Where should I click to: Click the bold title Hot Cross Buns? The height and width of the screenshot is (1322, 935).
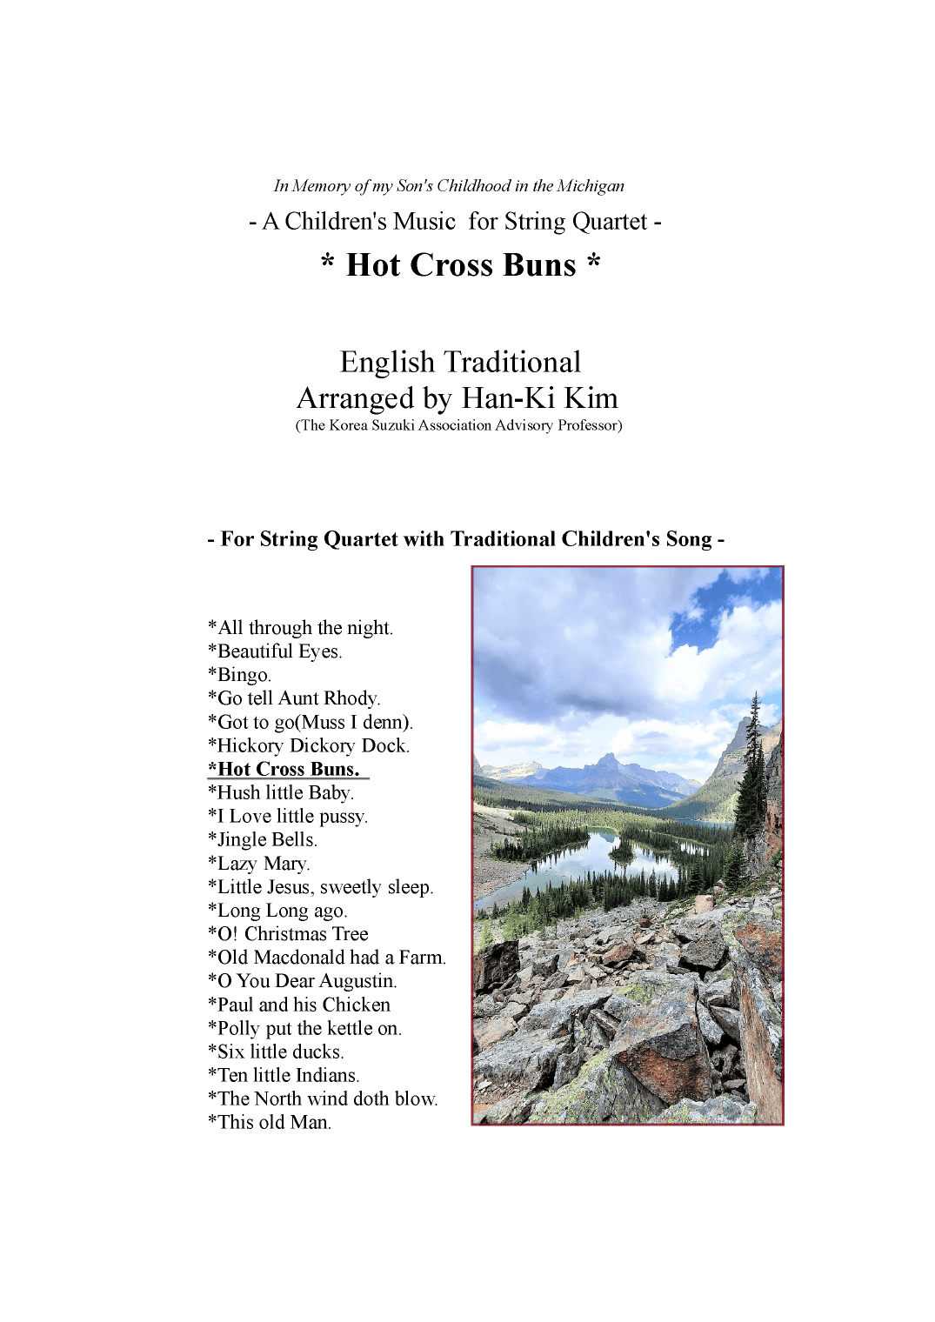(x=460, y=265)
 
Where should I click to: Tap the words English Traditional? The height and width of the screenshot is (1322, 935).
(x=460, y=362)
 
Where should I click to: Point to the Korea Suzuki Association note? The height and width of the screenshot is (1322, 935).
(x=458, y=425)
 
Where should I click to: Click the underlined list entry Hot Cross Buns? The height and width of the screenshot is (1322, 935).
(x=287, y=769)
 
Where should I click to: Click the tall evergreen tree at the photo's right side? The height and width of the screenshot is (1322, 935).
(x=753, y=774)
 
